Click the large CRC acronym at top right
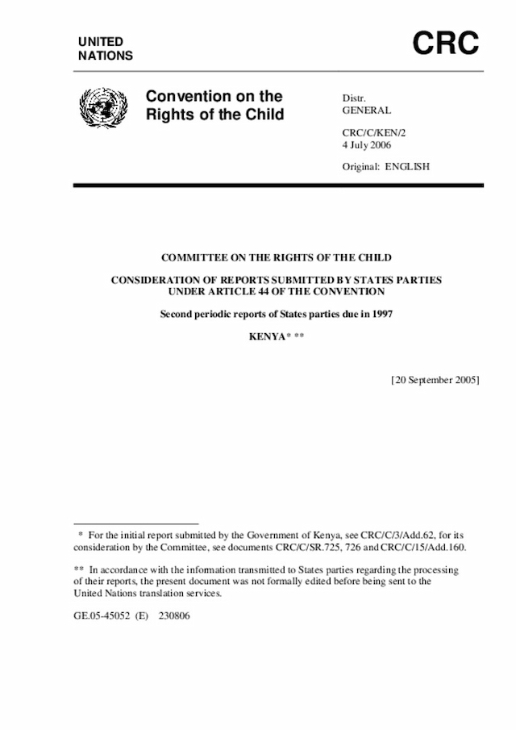click(x=446, y=43)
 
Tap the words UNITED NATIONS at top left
click(x=106, y=48)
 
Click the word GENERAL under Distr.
click(x=367, y=111)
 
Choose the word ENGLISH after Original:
click(x=407, y=167)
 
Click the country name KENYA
click(x=267, y=335)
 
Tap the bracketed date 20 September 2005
click(x=435, y=379)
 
